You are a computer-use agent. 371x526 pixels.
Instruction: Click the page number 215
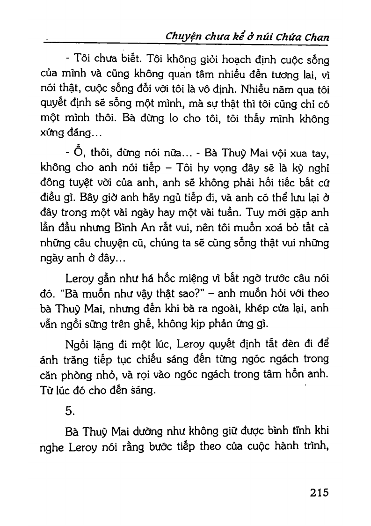pyautogui.click(x=319, y=492)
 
